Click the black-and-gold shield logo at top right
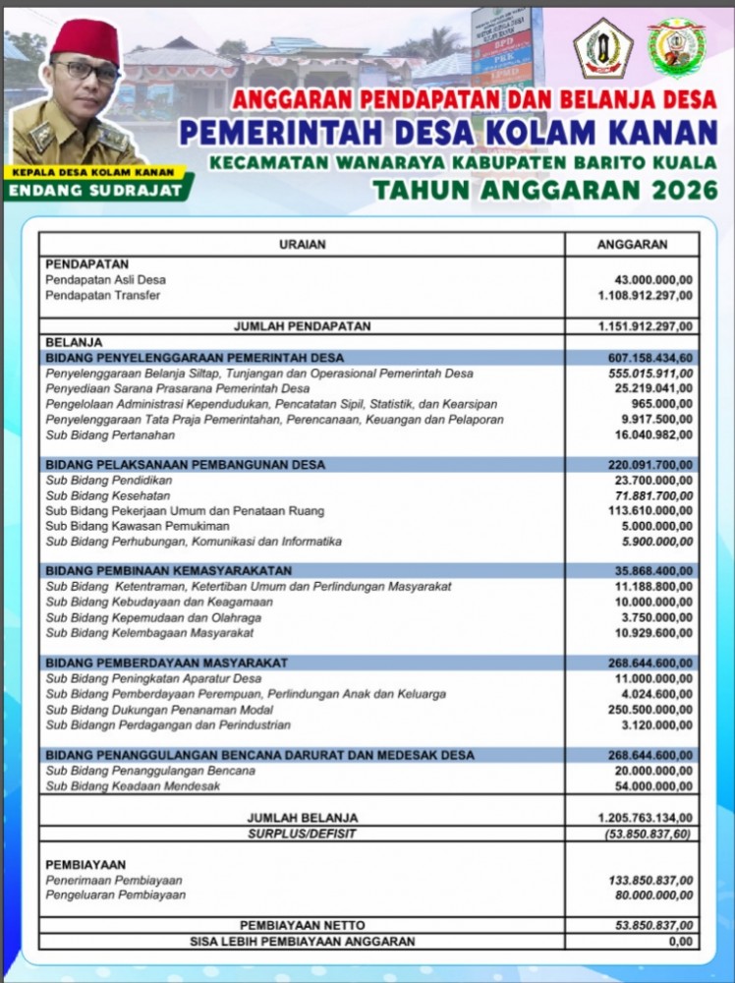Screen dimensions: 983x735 602,47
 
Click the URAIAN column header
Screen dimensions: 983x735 302,244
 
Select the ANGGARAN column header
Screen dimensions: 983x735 633,244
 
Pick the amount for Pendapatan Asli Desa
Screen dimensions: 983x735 645,280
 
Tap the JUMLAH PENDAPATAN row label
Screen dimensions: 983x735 302,325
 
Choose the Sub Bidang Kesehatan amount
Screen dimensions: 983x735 645,495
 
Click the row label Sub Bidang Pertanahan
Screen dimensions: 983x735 110,434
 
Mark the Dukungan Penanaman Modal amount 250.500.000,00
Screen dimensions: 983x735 641,710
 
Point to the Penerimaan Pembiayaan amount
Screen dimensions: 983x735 641,881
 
